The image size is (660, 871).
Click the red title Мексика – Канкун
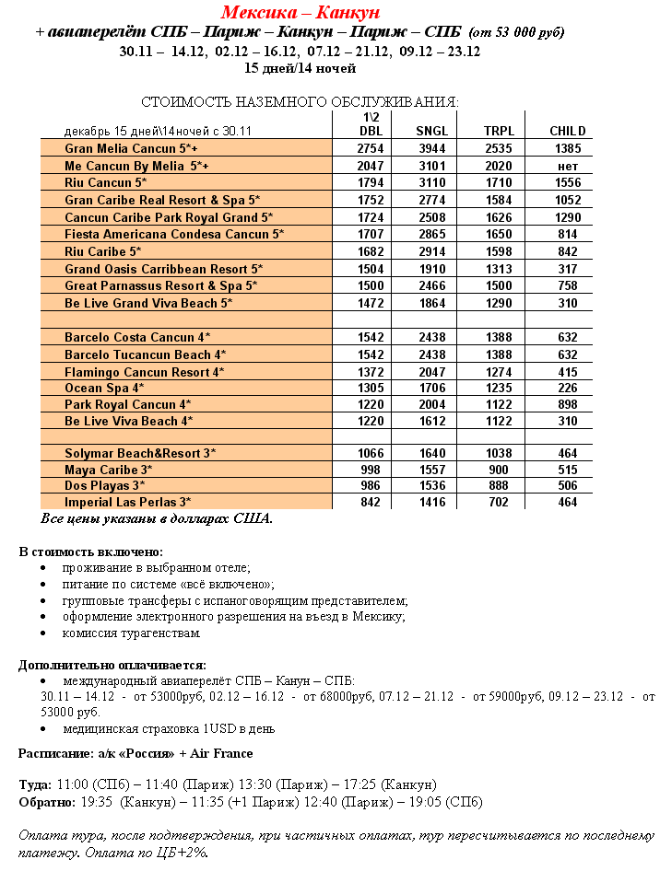[x=301, y=13]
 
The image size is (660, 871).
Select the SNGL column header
[x=431, y=132]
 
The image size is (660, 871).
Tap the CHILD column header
[x=567, y=132]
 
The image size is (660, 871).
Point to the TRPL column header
[x=499, y=132]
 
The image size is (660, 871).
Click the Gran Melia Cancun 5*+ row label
[x=131, y=148]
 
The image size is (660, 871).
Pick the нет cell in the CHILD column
[x=568, y=166]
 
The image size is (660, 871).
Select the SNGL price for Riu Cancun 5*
[x=431, y=182]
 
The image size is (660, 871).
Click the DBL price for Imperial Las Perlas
[x=370, y=502]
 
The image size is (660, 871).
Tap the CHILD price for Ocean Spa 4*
[x=568, y=388]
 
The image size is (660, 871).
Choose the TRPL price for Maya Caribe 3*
[x=499, y=470]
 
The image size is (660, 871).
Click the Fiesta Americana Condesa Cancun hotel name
[x=174, y=234]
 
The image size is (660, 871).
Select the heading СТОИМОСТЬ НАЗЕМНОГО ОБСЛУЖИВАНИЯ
[x=300, y=101]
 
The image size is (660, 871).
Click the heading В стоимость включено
[x=90, y=552]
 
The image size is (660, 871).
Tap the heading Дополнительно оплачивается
[x=112, y=665]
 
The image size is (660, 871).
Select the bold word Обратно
[x=45, y=802]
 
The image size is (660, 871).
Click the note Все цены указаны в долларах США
[x=157, y=518]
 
